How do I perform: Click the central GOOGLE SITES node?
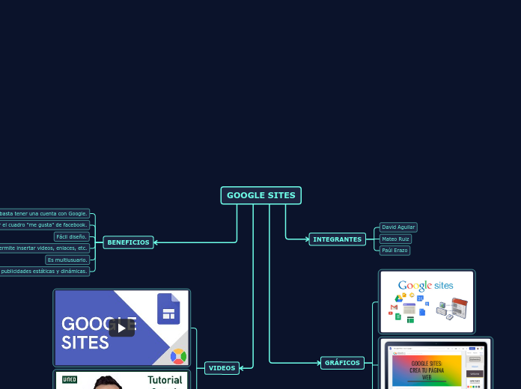click(x=260, y=195)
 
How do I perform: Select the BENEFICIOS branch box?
click(x=128, y=242)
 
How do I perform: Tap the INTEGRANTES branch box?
click(x=337, y=239)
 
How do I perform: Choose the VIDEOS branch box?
click(x=222, y=368)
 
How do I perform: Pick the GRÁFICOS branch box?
click(x=342, y=363)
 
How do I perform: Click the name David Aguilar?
click(x=398, y=227)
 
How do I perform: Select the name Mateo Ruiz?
click(x=395, y=239)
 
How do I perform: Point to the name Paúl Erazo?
click(x=394, y=251)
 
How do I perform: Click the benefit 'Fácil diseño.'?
click(x=72, y=236)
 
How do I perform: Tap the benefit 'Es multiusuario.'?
click(x=67, y=260)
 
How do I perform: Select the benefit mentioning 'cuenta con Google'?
click(x=45, y=213)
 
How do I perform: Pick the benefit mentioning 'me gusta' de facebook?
click(x=45, y=224)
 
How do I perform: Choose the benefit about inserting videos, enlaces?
click(x=45, y=248)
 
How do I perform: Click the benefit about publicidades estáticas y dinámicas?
click(x=45, y=271)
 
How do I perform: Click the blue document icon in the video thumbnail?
click(x=168, y=308)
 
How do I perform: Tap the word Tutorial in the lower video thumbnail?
click(x=165, y=380)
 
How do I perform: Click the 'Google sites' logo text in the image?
click(x=425, y=285)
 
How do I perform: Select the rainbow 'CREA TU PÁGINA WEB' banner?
click(x=426, y=370)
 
